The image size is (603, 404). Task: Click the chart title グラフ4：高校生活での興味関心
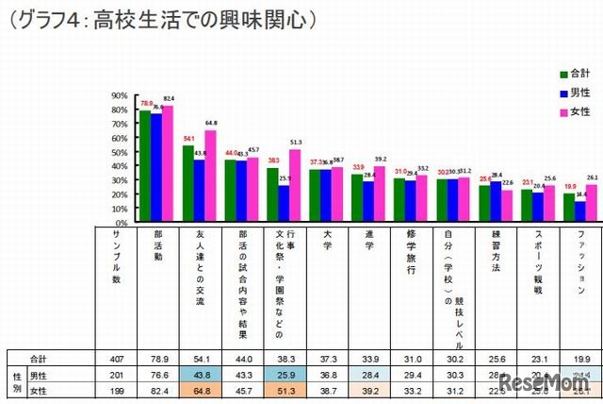coord(161,19)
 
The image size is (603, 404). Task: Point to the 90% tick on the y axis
coord(119,95)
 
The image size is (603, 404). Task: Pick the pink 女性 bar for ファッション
coord(591,203)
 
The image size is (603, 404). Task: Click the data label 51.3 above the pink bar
coord(296,142)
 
